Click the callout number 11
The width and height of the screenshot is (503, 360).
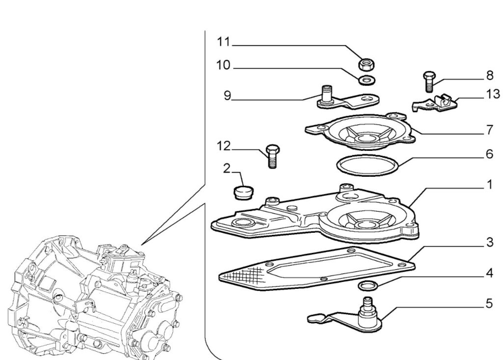coord(224,42)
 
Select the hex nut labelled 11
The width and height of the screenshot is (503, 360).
coord(366,63)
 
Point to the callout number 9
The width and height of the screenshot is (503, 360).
coord(227,95)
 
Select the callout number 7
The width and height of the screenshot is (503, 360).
coord(489,130)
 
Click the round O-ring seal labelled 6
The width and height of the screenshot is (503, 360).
coord(368,166)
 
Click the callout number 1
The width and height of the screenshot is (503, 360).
coord(489,185)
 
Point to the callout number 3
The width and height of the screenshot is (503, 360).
coord(489,242)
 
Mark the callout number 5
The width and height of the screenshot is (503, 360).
coord(489,304)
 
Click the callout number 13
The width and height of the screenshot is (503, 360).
coord(492,94)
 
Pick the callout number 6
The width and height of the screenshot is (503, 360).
coord(489,154)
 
